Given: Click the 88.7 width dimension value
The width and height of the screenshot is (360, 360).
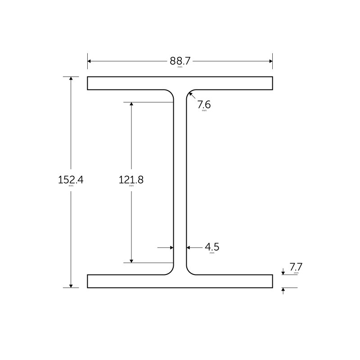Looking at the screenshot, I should [x=180, y=61].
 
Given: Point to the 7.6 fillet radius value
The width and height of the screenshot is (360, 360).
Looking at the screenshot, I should [x=204, y=104].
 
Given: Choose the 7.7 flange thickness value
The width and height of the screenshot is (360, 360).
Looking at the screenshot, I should [x=296, y=267].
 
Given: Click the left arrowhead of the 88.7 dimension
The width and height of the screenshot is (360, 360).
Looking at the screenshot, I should [x=90, y=61].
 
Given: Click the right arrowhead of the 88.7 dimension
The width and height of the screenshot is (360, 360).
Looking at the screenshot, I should [x=270, y=61].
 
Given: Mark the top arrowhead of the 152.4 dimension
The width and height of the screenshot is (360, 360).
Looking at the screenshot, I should [x=71, y=79].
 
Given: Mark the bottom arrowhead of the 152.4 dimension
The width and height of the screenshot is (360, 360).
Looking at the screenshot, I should [x=71, y=285].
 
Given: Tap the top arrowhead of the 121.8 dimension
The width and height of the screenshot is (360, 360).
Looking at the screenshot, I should [x=131, y=104].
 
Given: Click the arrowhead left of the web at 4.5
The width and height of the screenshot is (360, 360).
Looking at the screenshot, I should [x=171, y=247].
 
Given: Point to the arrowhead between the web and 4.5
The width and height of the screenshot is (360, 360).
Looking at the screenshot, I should [x=189, y=247].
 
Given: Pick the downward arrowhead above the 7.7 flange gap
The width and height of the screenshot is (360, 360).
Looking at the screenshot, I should [x=283, y=272].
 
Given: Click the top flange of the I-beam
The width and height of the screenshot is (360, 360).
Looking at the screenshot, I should [x=180, y=83].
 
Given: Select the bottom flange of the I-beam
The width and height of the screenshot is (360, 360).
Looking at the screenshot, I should [x=180, y=281].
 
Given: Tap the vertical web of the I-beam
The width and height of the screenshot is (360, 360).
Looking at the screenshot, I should [x=180, y=180].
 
